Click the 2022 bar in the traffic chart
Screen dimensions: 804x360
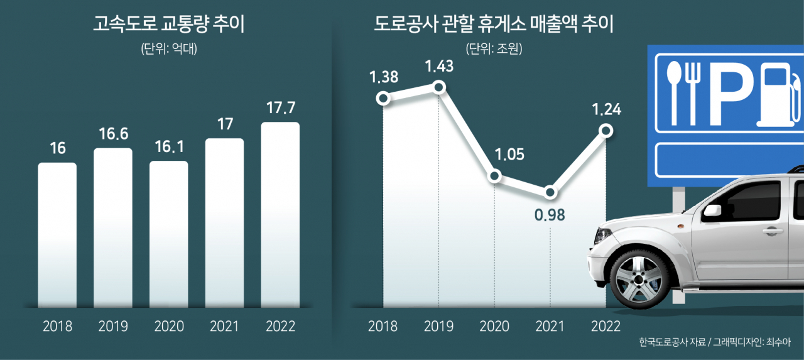[280, 215]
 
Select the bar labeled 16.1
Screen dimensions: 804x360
[169, 234]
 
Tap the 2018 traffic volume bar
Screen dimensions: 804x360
[57, 235]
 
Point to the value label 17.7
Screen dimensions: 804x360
[281, 107]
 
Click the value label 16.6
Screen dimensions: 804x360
[114, 134]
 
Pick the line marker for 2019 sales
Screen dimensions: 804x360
[439, 87]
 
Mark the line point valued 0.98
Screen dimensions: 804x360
[550, 192]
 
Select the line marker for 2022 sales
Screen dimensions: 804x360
[606, 131]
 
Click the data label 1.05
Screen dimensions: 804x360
[509, 155]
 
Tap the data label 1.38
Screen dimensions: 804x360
[384, 77]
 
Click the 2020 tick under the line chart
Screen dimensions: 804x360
[494, 326]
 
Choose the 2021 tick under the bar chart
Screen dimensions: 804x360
[224, 326]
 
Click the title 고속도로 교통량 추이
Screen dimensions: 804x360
[169, 25]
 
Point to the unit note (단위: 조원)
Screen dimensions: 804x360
[494, 48]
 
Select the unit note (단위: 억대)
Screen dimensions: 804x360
[169, 48]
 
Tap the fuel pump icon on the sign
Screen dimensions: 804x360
[779, 95]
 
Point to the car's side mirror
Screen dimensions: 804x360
[712, 210]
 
